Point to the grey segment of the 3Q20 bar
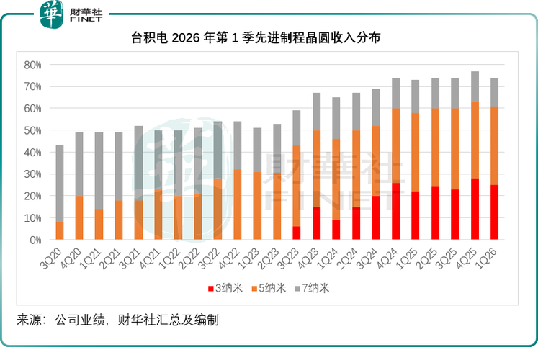pyautogui.click(x=60, y=184)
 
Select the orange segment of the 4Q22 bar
pyautogui.click(x=238, y=204)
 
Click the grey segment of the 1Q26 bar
pyautogui.click(x=495, y=92)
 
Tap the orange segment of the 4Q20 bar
pyautogui.click(x=79, y=217)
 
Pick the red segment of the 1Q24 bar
pyautogui.click(x=336, y=230)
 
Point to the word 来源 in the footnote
pyautogui.click(x=27, y=319)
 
